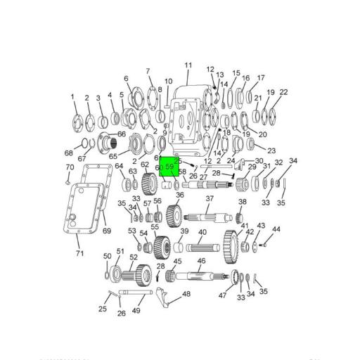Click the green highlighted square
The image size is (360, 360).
click(169, 167)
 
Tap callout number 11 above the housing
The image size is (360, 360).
click(188, 65)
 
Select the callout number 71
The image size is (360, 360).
click(79, 253)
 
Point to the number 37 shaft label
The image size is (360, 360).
click(209, 199)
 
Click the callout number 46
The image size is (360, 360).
click(201, 261)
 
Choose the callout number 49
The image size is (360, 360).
click(137, 310)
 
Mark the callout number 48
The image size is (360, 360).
click(186, 294)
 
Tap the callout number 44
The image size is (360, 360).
click(276, 229)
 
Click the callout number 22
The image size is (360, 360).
click(283, 92)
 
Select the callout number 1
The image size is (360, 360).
click(72, 96)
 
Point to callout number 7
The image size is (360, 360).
click(148, 71)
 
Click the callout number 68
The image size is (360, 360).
click(68, 153)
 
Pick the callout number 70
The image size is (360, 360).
click(70, 167)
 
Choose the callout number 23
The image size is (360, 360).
click(271, 150)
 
